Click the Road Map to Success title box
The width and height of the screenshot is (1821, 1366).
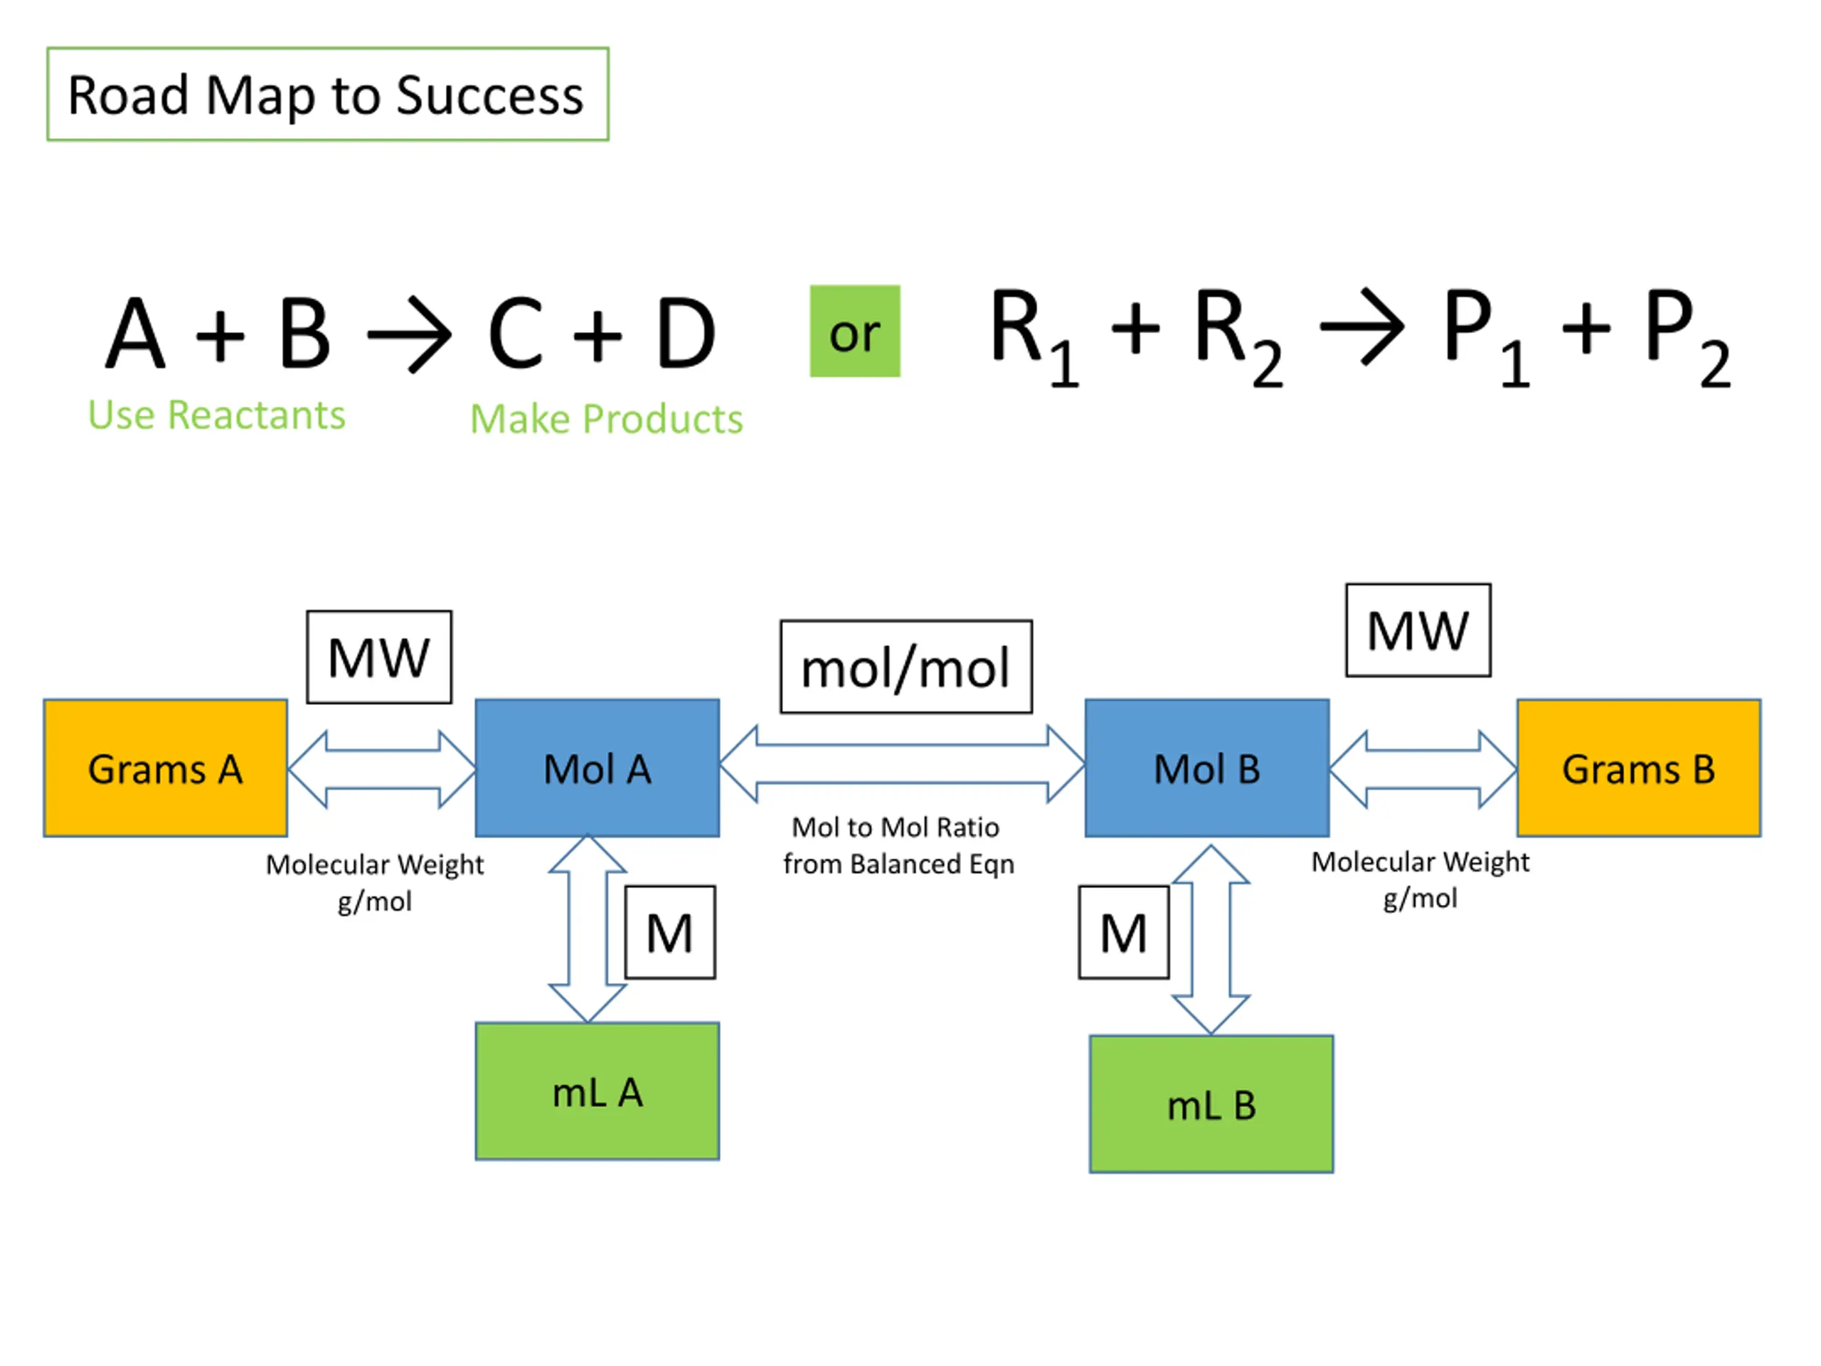[x=328, y=94]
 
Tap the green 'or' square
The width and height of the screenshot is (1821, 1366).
[x=854, y=331]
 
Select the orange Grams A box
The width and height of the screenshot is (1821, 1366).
[x=166, y=768]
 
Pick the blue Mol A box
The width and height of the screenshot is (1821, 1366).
[x=597, y=768]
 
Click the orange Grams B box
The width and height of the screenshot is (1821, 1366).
[x=1638, y=768]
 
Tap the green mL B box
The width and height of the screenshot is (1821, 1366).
[x=1211, y=1104]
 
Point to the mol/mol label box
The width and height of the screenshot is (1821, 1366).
[x=906, y=667]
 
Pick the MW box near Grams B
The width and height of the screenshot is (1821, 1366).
[x=1418, y=631]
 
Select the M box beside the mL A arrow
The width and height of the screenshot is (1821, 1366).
[x=669, y=933]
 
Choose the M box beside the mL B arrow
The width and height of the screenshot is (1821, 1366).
[x=1123, y=933]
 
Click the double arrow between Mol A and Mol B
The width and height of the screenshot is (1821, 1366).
[x=901, y=764]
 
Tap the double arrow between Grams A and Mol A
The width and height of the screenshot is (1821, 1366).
[x=382, y=769]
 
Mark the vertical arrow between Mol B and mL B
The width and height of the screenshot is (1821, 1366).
[x=1210, y=938]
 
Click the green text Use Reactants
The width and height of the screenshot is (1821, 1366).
[x=216, y=415]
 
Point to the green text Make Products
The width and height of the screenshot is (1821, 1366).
[x=606, y=419]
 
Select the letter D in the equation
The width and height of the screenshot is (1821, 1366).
[x=685, y=333]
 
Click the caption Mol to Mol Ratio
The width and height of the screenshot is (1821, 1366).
[x=895, y=827]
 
